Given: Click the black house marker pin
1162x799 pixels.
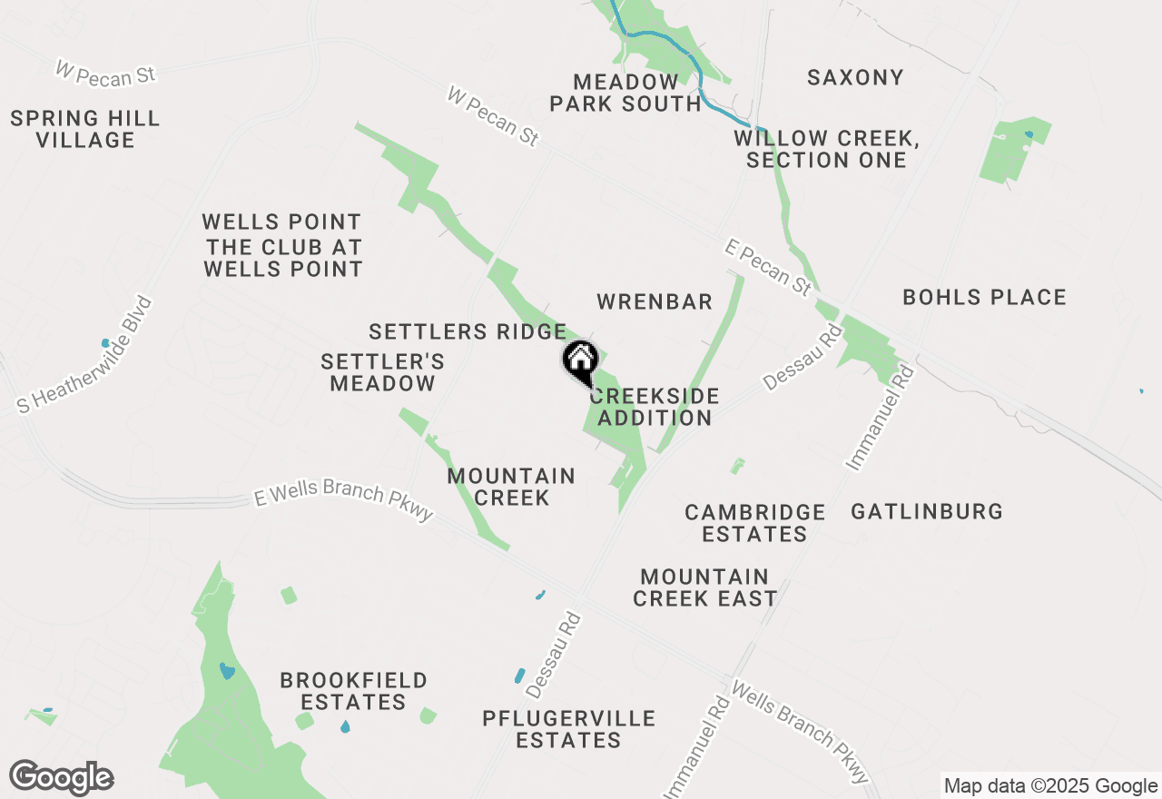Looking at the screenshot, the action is click(x=580, y=360).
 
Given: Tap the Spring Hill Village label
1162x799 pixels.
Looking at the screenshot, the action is click(x=85, y=129).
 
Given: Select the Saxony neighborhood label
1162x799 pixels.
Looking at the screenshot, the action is click(x=855, y=77).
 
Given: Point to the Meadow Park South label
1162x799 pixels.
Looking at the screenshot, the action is click(x=625, y=93).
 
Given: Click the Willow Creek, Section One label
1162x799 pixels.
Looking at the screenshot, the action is click(x=826, y=149).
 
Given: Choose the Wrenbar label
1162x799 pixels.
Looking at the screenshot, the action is click(x=655, y=302).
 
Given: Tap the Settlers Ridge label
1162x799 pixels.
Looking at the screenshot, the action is click(x=468, y=331).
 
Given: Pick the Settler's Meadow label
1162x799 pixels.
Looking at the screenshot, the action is click(x=383, y=372).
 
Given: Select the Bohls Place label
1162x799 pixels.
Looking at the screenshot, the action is click(x=984, y=297).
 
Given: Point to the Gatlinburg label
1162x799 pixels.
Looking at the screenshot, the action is click(x=927, y=511).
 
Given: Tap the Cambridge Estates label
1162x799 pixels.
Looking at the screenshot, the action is click(x=755, y=523).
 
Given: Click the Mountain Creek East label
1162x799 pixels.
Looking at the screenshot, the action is click(x=705, y=587).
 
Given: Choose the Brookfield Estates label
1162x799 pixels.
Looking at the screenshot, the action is click(x=353, y=691).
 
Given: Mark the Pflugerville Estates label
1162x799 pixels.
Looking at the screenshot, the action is click(x=568, y=729).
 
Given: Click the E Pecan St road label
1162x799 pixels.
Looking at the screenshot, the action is click(x=768, y=267).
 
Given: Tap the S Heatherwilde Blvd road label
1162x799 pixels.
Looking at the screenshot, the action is click(x=86, y=355).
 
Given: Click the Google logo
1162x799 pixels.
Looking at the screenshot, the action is click(x=61, y=777).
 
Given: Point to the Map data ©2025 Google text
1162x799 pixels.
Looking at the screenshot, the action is click(x=1051, y=786).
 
